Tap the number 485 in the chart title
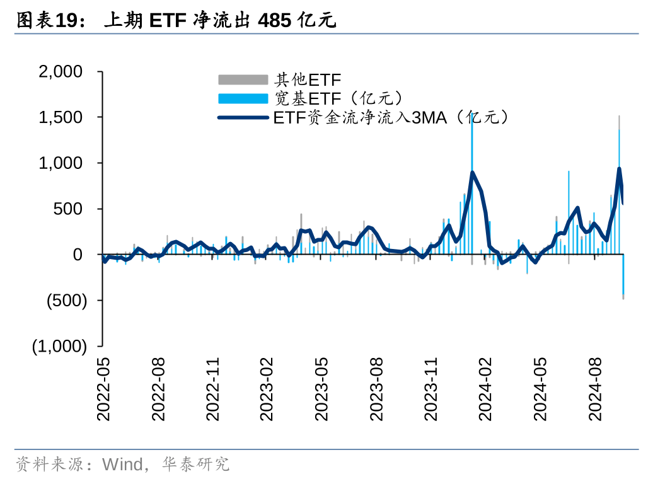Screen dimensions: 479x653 point(274,21)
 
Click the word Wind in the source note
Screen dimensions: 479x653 point(122,465)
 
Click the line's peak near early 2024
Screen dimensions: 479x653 point(473,172)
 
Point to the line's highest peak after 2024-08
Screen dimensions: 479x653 point(619,168)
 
